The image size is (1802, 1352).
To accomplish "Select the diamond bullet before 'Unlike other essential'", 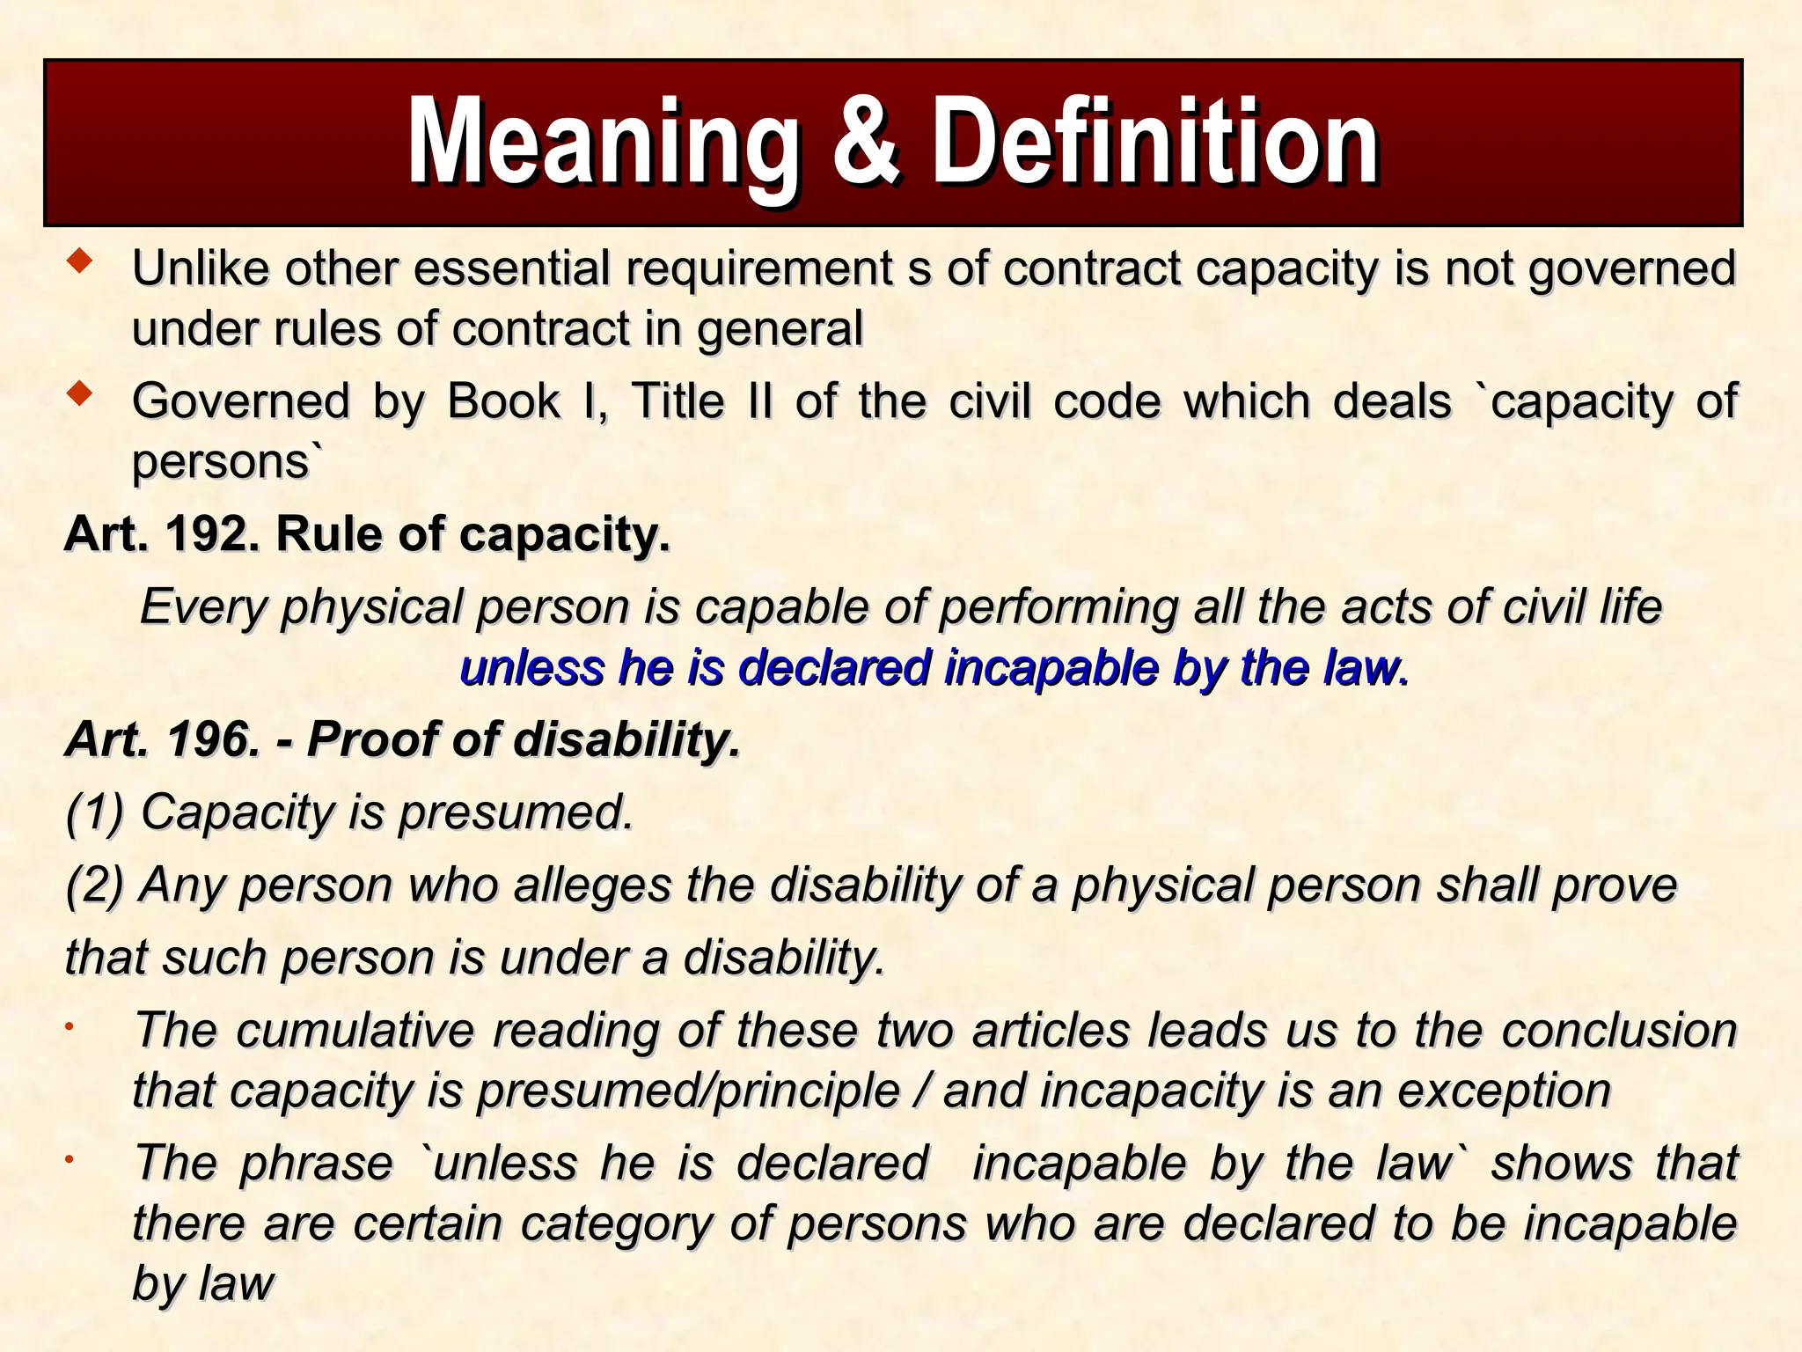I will point(80,261).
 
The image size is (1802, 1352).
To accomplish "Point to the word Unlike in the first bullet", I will point(201,268).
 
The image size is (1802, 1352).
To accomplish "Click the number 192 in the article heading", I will point(212,533).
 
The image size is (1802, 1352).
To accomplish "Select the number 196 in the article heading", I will point(212,738).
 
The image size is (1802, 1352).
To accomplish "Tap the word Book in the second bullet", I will point(503,401).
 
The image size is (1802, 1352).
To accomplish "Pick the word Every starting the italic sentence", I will point(203,606).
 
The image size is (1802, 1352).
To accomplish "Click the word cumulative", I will point(355,1030).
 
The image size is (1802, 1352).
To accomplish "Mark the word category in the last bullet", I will point(616,1223).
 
